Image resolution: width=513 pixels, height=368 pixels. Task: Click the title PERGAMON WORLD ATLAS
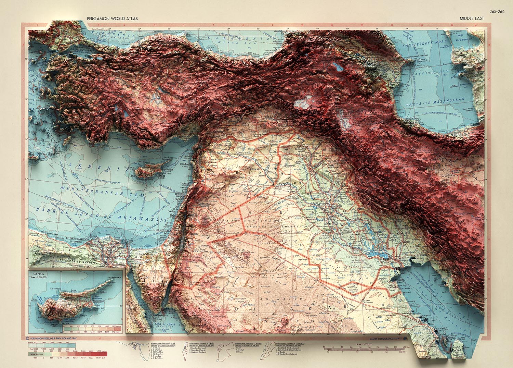click(x=112, y=19)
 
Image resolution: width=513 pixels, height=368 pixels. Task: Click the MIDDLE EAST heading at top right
click(x=472, y=18)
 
